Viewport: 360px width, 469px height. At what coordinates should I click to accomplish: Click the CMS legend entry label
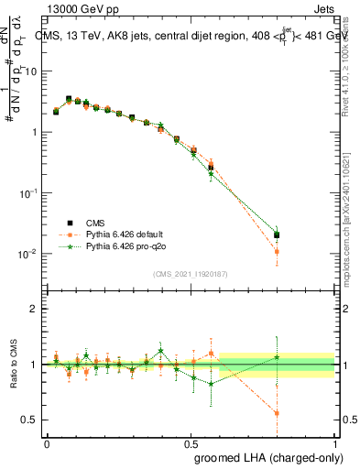(x=96, y=223)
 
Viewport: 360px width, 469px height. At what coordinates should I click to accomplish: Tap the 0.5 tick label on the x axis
(x=191, y=442)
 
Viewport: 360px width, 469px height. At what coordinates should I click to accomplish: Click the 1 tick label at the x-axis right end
(x=335, y=442)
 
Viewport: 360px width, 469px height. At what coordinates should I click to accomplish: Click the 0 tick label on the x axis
(x=47, y=442)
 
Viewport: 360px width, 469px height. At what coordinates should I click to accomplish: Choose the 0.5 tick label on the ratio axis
(x=31, y=420)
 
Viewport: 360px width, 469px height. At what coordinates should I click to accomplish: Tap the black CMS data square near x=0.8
(x=278, y=235)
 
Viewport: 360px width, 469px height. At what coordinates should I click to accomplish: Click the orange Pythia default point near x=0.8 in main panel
(x=278, y=251)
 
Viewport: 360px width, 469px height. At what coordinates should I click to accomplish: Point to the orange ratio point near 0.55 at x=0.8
(x=278, y=413)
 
